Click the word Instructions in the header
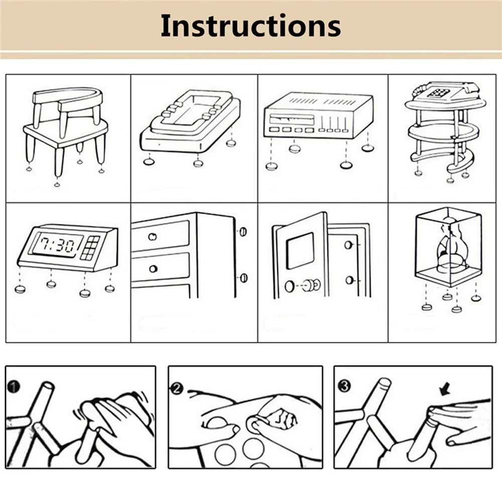[x=250, y=26]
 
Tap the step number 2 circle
[x=176, y=387]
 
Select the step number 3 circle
[x=344, y=387]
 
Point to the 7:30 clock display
[x=57, y=245]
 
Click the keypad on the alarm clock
[x=90, y=247]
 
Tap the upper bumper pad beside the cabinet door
[x=243, y=232]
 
